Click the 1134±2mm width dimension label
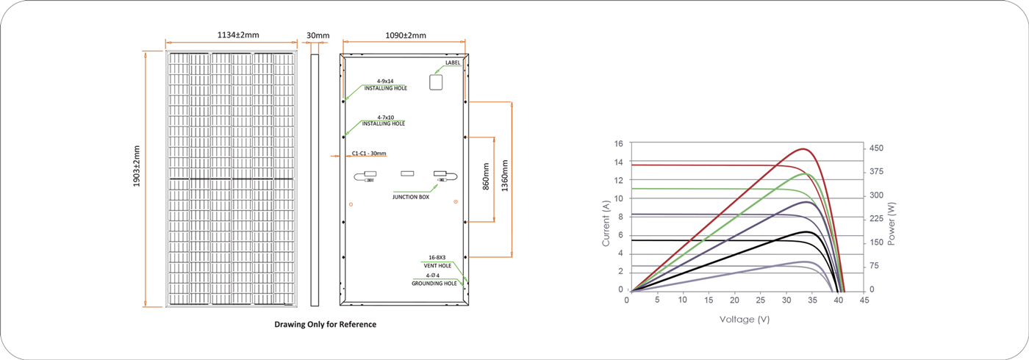click(238, 35)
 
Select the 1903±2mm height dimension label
click(137, 166)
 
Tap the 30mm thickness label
click(318, 35)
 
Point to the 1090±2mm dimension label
click(406, 35)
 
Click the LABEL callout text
click(453, 62)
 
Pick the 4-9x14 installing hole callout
click(385, 84)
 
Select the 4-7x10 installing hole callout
click(384, 120)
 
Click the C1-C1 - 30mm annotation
click(369, 154)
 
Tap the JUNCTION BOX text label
click(411, 197)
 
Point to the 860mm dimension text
click(487, 176)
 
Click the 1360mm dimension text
click(505, 176)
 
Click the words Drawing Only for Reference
click(325, 324)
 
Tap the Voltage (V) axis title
click(744, 319)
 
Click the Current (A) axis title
click(606, 223)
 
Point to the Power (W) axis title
click(892, 223)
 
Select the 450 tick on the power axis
click(876, 148)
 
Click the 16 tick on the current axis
click(619, 144)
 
